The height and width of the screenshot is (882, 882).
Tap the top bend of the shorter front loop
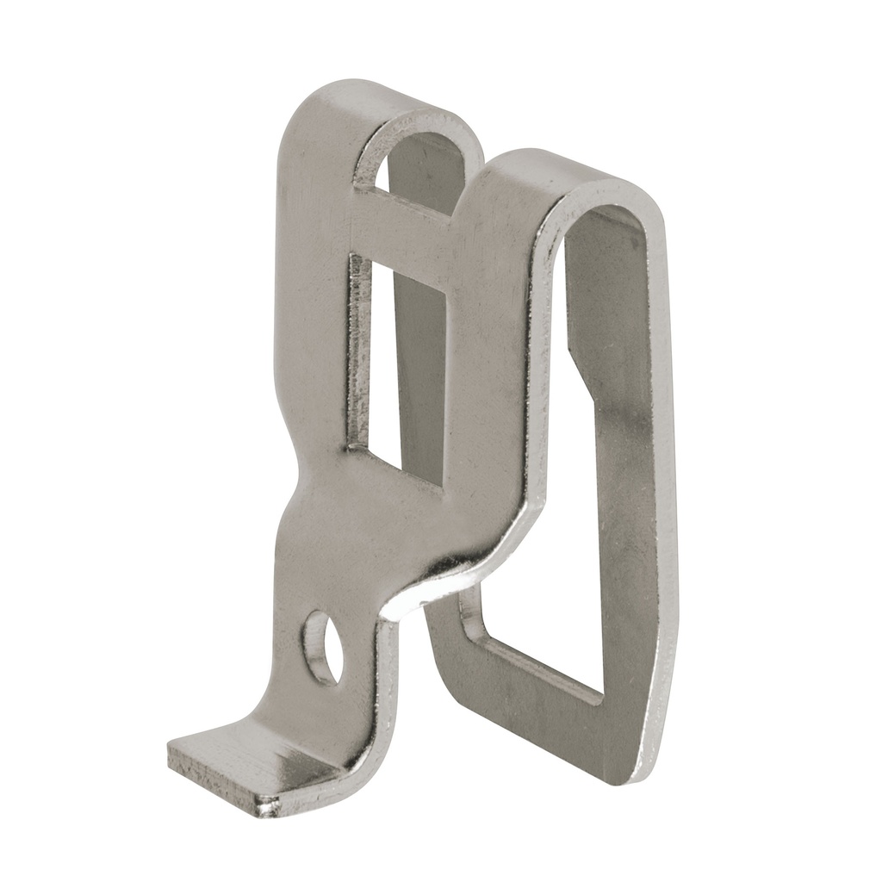[388, 99]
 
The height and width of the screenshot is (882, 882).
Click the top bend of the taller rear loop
[568, 172]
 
